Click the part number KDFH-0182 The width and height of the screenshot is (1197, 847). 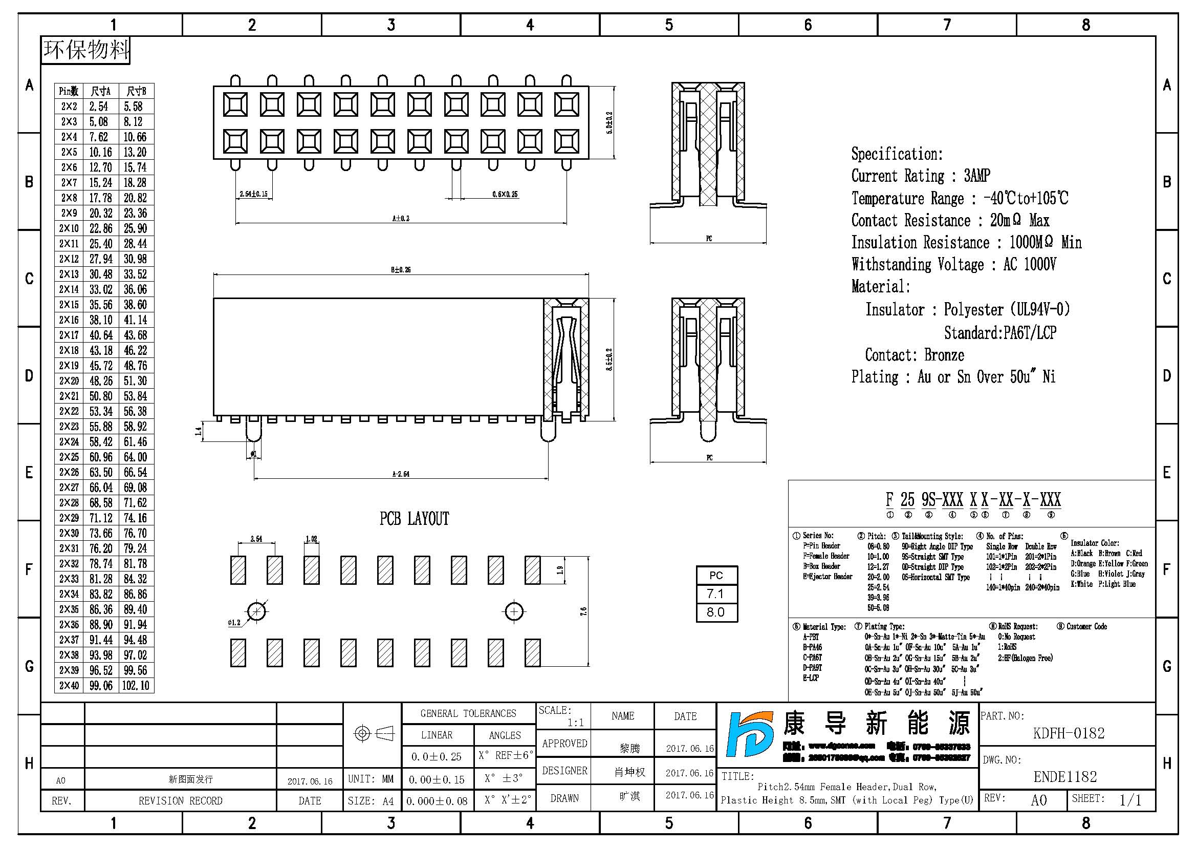tap(1068, 733)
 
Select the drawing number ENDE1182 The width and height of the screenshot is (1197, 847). tap(1065, 777)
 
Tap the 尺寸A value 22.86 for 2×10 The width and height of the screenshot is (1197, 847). tap(101, 228)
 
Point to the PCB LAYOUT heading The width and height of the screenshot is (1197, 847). tap(414, 519)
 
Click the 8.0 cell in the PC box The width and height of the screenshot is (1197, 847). tap(716, 612)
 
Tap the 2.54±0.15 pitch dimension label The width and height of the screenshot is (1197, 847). tap(253, 194)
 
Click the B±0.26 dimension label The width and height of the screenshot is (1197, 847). tap(400, 270)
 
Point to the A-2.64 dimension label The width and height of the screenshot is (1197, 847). tap(400, 474)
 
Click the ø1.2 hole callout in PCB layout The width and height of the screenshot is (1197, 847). tap(234, 623)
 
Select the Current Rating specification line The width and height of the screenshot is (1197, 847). tap(920, 176)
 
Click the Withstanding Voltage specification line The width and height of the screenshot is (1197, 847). tap(953, 265)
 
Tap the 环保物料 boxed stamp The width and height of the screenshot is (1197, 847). tap(86, 50)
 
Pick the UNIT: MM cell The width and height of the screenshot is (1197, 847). tap(371, 779)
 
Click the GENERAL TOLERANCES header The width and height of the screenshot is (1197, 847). tap(468, 713)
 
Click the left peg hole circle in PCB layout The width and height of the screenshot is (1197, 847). tap(256, 611)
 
